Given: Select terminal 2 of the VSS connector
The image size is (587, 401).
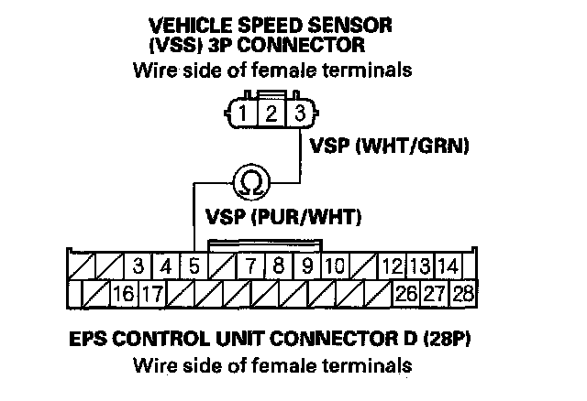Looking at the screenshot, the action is tap(270, 114).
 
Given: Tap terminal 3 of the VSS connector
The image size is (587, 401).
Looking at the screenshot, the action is tap(299, 114).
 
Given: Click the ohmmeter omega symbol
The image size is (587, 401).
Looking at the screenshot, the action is tap(248, 181).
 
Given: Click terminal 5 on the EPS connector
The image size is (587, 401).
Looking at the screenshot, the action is tap(194, 267).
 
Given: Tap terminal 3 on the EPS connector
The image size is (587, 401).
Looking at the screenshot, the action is tap(138, 267).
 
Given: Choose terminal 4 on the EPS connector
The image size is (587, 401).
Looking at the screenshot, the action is tap(166, 267).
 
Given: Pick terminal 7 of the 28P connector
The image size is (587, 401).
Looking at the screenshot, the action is tap(249, 267).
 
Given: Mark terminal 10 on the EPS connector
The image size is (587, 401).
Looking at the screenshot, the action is tap(334, 267).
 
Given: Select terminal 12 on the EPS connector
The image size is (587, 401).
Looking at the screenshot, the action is tap(392, 267).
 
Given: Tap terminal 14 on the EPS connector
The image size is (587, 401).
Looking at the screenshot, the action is tap(448, 267).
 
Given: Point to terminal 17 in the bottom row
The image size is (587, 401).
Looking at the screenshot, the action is tap(152, 295).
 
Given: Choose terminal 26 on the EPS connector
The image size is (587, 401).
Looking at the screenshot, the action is tap(405, 295).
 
